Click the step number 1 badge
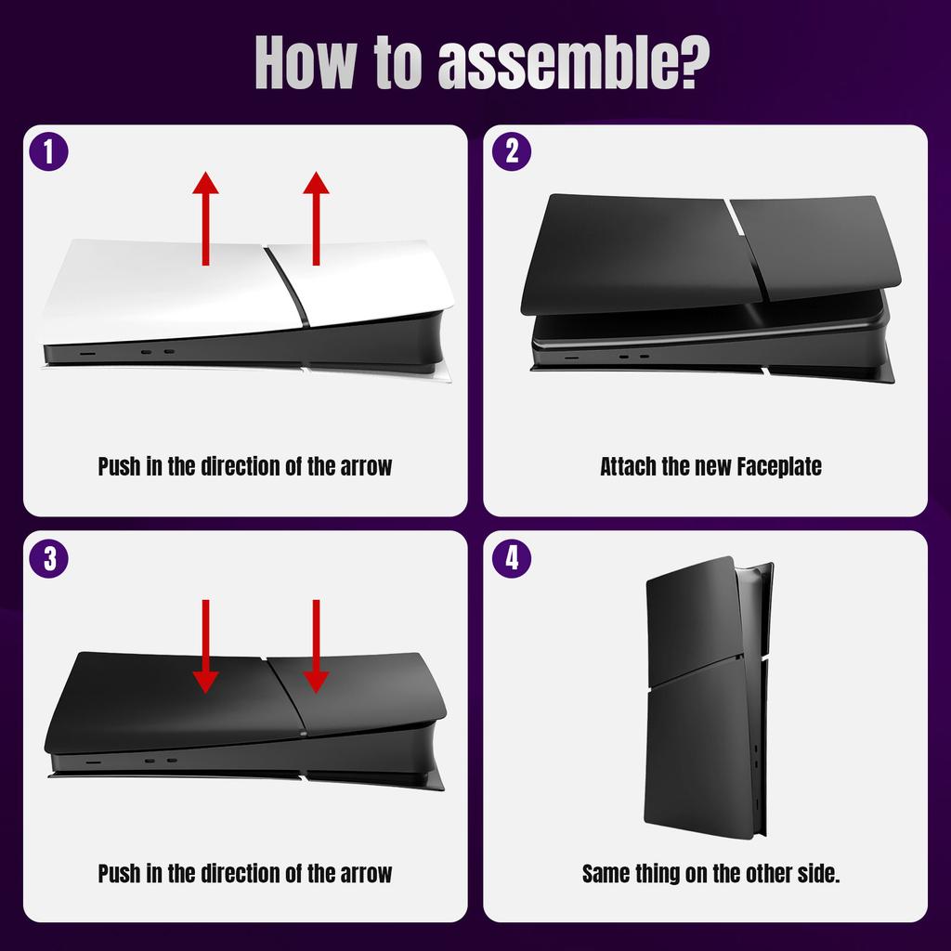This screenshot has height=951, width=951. coord(49,152)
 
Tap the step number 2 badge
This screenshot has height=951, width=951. coord(511,152)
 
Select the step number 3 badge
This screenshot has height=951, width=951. coord(49,559)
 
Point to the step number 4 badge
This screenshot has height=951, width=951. coord(511,559)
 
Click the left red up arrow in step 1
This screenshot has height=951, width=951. coord(205,218)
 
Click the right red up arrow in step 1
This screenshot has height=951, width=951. coord(317,218)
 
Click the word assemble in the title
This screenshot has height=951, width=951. coord(541,64)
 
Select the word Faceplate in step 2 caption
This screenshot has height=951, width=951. coord(779,466)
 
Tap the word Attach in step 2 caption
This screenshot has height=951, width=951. coord(628,466)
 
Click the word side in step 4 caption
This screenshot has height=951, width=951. coord(814,874)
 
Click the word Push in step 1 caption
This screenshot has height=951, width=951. coord(119,466)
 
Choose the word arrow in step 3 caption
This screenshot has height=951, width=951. coord(363,874)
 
